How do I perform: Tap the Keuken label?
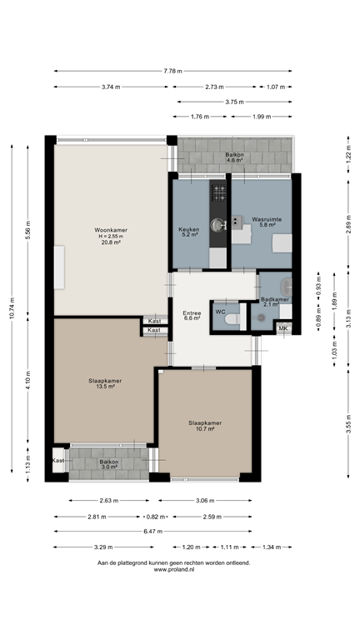click(188, 232)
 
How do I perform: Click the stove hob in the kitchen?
click(218, 193)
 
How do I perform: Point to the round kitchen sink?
click(217, 224)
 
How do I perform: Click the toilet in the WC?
click(233, 317)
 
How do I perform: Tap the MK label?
click(283, 329)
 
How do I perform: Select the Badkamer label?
click(274, 302)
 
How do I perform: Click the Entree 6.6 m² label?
click(192, 315)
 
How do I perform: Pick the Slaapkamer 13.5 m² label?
click(105, 383)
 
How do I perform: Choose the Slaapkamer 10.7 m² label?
click(204, 426)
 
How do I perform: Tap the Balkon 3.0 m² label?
click(109, 464)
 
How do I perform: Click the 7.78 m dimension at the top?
click(172, 71)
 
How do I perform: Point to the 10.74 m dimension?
click(12, 308)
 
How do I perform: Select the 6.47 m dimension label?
click(153, 531)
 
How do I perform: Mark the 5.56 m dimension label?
click(28, 231)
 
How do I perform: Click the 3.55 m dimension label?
click(348, 423)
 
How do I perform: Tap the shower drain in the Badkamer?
click(262, 317)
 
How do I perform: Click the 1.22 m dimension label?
click(348, 155)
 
